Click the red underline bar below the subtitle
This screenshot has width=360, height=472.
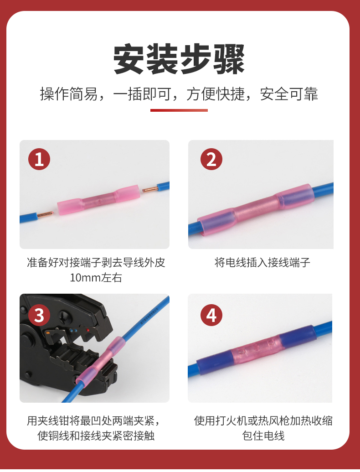tap(179, 110)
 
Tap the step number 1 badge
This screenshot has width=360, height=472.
tap(39, 159)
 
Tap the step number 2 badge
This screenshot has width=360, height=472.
tap(211, 159)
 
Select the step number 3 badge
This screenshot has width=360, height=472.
tap(39, 315)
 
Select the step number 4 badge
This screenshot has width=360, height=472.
tap(211, 315)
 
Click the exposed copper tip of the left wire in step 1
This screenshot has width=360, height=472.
tap(45, 215)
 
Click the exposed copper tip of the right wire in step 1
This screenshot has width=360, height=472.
tap(150, 189)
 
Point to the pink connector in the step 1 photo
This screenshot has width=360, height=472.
tap(98, 200)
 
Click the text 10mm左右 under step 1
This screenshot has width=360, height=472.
tap(96, 278)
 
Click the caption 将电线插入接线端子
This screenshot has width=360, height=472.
tap(262, 263)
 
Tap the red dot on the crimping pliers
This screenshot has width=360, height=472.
tap(88, 330)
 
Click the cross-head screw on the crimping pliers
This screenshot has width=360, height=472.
tap(64, 316)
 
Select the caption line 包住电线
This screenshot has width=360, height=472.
tap(263, 435)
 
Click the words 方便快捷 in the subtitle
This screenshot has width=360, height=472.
tap(216, 94)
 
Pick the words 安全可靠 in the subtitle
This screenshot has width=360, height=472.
tap(289, 94)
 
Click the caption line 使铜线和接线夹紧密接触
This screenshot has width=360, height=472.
tap(96, 435)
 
